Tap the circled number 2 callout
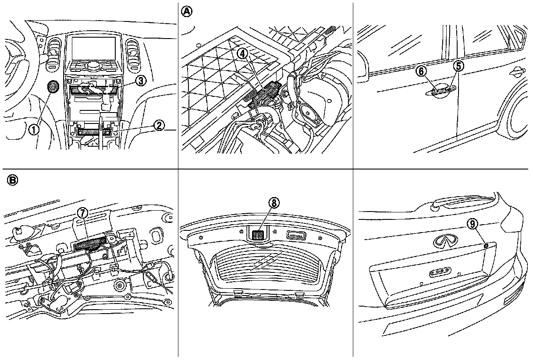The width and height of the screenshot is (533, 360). (159, 126)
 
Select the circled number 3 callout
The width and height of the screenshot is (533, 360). (140, 80)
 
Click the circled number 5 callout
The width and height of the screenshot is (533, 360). (458, 66)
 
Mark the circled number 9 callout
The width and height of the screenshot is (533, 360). (472, 224)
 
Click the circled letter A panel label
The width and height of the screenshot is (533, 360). (187, 12)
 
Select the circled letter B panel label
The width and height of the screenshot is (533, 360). (13, 180)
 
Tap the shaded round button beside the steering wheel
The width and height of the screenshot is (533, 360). (53, 87)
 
